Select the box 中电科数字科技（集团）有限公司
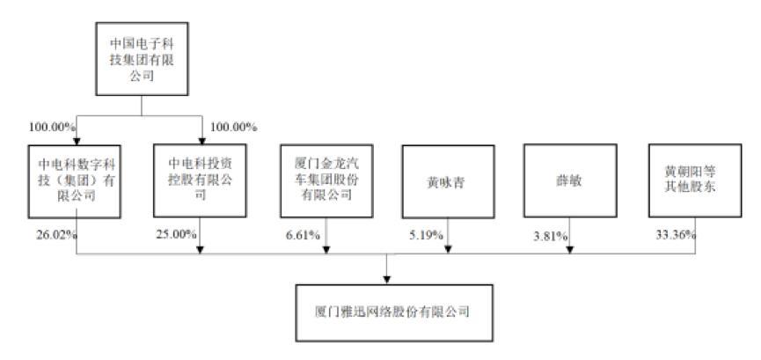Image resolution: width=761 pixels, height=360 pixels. [x=77, y=180]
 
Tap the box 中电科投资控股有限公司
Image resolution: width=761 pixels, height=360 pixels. [x=202, y=180]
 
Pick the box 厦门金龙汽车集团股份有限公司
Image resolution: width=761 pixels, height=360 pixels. [x=326, y=180]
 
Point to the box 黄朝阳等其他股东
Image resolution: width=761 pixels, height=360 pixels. [x=693, y=180]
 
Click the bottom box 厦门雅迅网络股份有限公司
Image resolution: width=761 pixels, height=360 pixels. [x=388, y=312]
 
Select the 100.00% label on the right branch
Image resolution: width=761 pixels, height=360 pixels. [x=234, y=127]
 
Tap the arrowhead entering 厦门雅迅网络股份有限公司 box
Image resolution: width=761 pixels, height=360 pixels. [x=388, y=280]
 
